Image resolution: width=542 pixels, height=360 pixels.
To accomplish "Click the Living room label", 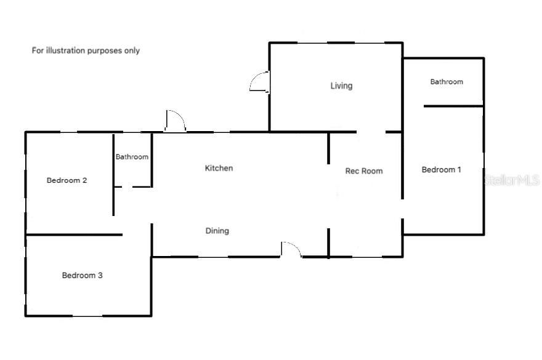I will click(x=341, y=86).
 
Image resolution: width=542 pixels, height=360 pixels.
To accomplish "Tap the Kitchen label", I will click(x=219, y=168).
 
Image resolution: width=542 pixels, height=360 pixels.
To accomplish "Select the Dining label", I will click(x=217, y=231).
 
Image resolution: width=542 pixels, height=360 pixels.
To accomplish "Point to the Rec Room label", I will click(x=363, y=171).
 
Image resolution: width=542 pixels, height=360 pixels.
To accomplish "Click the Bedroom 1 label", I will click(x=441, y=170).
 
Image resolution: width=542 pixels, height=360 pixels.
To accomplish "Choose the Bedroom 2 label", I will click(x=67, y=180).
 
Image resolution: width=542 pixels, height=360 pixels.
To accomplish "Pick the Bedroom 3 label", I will click(x=82, y=275).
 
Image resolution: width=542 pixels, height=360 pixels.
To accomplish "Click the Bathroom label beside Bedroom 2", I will click(x=132, y=157).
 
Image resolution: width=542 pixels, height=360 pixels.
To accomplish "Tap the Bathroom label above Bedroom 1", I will click(x=447, y=81).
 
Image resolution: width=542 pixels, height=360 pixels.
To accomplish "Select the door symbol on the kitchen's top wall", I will click(x=175, y=121).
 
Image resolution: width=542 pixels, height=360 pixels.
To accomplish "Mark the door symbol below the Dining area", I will click(x=291, y=249).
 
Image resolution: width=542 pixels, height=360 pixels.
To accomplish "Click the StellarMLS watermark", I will click(x=512, y=180).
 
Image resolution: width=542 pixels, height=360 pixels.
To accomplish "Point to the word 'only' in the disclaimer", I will click(x=132, y=50).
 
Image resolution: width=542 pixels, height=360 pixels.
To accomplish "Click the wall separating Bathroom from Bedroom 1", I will click(x=453, y=106).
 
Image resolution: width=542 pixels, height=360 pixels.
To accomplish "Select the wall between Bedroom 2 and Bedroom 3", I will click(x=74, y=234).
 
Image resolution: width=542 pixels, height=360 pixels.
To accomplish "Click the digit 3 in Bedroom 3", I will click(x=100, y=275).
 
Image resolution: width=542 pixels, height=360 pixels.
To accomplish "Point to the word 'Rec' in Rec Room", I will click(x=352, y=171).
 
